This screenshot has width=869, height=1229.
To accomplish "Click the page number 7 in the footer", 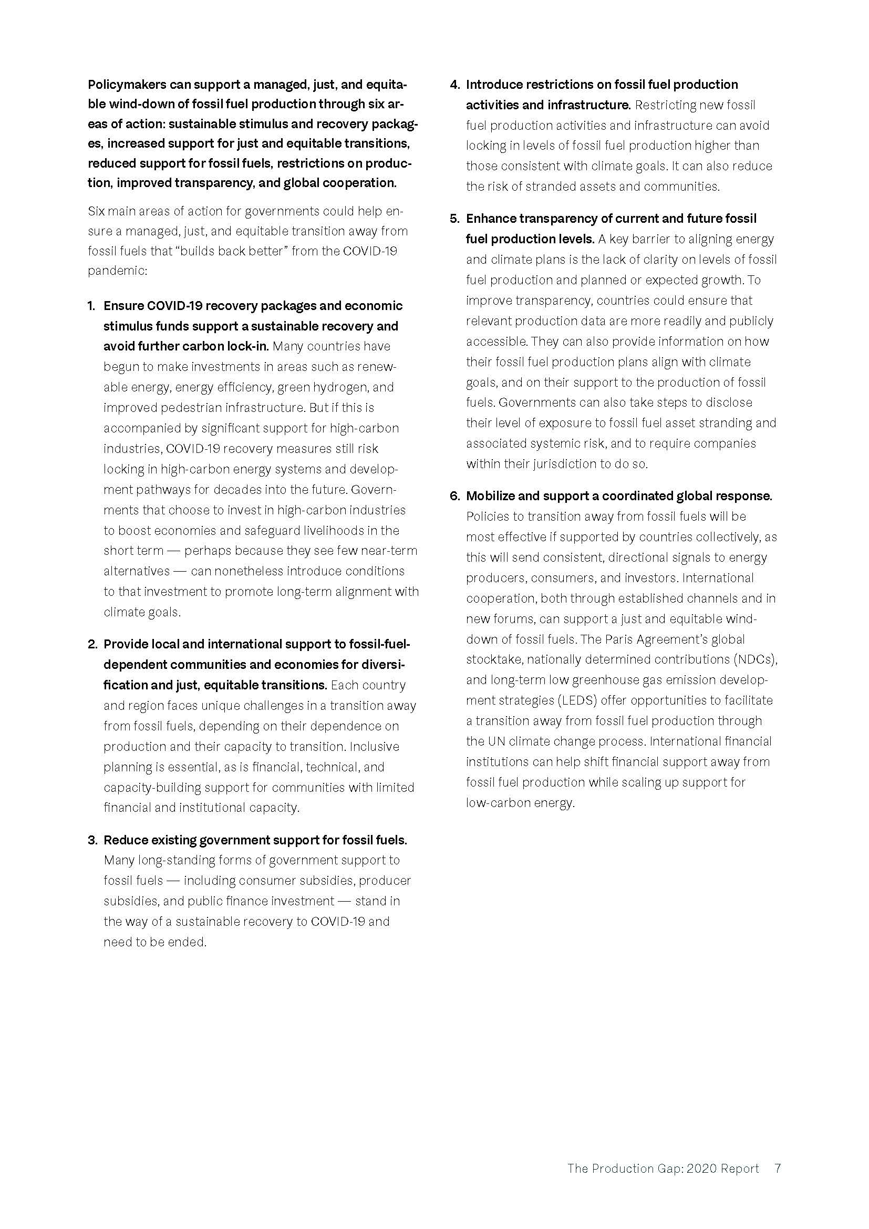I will [x=778, y=1168].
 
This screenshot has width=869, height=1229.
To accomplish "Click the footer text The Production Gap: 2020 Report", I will [x=663, y=1168].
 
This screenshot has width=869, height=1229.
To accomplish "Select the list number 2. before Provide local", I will [x=92, y=644].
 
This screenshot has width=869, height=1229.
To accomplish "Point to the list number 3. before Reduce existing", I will [x=92, y=840].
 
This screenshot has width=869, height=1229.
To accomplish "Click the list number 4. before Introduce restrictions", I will [x=454, y=85].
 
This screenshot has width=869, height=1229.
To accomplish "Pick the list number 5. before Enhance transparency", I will [x=454, y=219].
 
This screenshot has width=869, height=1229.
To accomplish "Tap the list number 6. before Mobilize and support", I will [x=454, y=495].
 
